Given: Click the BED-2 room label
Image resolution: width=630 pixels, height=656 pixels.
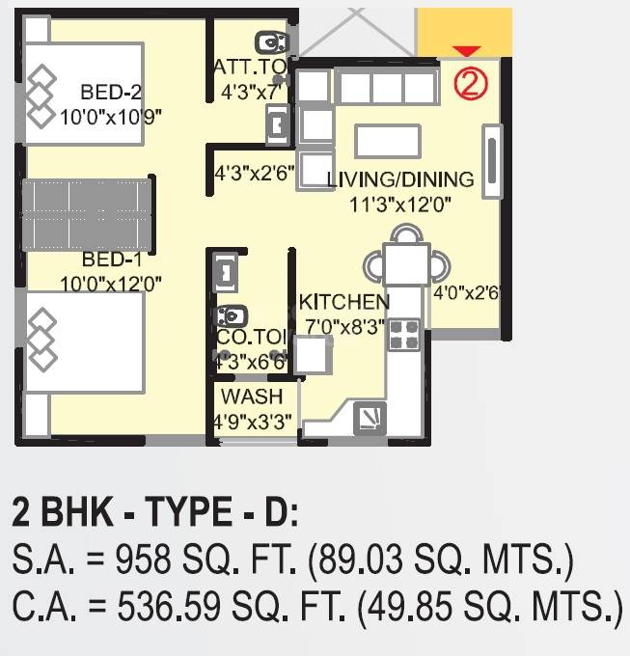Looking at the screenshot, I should pyautogui.click(x=111, y=94).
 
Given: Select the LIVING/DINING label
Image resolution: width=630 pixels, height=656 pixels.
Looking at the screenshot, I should pyautogui.click(x=400, y=179).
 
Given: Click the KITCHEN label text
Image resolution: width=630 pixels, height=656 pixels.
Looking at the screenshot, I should pyautogui.click(x=343, y=303).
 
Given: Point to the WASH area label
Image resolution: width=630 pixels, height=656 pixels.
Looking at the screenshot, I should pyautogui.click(x=252, y=396).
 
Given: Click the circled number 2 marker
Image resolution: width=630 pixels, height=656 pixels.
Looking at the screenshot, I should pyautogui.click(x=470, y=84).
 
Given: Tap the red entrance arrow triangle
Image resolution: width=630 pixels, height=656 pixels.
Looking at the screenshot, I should pyautogui.click(x=466, y=51).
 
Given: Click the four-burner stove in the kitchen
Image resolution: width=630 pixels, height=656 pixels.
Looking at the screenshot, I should pyautogui.click(x=403, y=335).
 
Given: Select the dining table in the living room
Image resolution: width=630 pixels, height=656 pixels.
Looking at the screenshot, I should pyautogui.click(x=405, y=263).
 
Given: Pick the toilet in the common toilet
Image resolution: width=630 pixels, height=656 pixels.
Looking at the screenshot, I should pyautogui.click(x=232, y=315).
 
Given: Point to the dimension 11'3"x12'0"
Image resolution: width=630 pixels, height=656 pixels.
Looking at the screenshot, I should pyautogui.click(x=400, y=204).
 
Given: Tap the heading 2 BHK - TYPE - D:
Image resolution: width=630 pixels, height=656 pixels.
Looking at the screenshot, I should pyautogui.click(x=155, y=511).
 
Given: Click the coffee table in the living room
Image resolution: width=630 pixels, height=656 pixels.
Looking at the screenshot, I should pyautogui.click(x=387, y=141).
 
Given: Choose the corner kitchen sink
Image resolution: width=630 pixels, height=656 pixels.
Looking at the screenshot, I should pyautogui.click(x=370, y=417).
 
